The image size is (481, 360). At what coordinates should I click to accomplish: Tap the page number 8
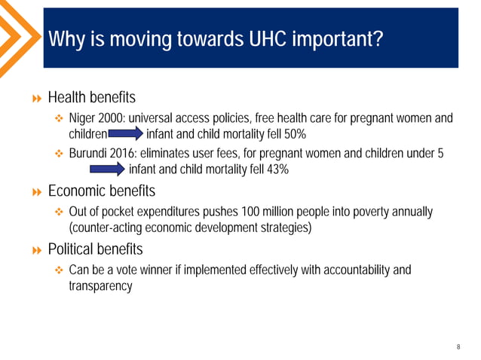(458, 346)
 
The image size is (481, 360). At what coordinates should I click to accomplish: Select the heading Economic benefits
(101, 191)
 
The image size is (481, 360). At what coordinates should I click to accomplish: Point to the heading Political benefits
(95, 249)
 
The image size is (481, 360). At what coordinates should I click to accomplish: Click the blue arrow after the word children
(125, 136)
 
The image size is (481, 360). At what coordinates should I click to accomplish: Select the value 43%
(275, 169)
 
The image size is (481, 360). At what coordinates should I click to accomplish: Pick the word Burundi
(87, 154)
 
